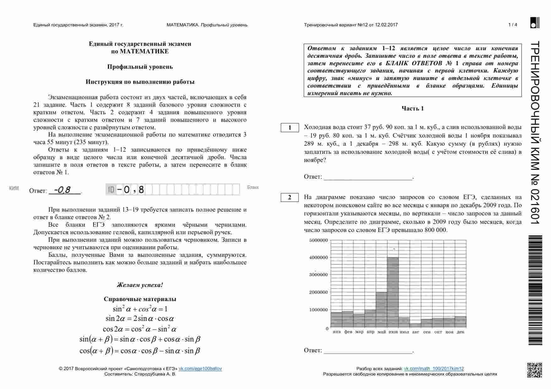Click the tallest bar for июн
pyautogui.click(x=393, y=293)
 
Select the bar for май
pyautogui.click(x=381, y=310)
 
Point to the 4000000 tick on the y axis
pyautogui.click(x=318, y=257)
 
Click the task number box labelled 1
pyautogui.click(x=290, y=127)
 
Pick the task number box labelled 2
pyautogui.click(x=290, y=197)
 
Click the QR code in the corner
pyautogui.click(x=534, y=370)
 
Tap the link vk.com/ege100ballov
pyautogui.click(x=200, y=369)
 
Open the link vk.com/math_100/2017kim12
pyautogui.click(x=434, y=369)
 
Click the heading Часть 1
pyautogui.click(x=412, y=109)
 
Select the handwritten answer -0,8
pyautogui.click(x=62, y=190)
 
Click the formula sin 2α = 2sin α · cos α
pyautogui.click(x=140, y=319)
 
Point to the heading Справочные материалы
pyautogui.click(x=140, y=299)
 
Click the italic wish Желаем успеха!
pyautogui.click(x=140, y=285)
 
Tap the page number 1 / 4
pyautogui.click(x=512, y=25)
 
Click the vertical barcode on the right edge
pyautogui.click(x=535, y=290)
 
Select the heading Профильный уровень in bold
pyautogui.click(x=140, y=67)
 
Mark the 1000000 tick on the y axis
pyautogui.click(x=318, y=310)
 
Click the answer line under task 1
pyautogui.click(x=368, y=177)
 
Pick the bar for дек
pyautogui.click(x=461, y=322)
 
